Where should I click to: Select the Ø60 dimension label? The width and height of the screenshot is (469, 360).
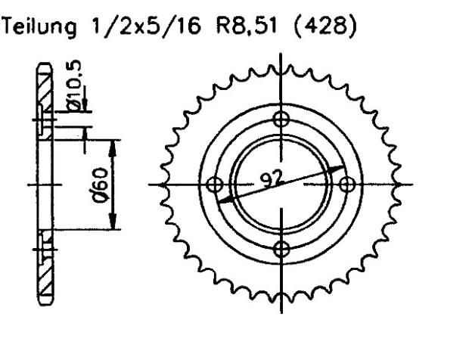tap(103, 184)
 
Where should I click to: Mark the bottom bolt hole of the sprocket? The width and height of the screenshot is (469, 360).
tap(282, 250)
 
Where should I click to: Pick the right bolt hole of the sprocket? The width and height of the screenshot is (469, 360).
tap(348, 184)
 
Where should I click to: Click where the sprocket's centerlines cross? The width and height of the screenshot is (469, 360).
tap(282, 184)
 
